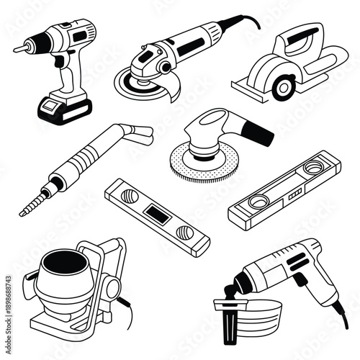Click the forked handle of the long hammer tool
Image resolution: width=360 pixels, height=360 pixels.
(137, 133)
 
